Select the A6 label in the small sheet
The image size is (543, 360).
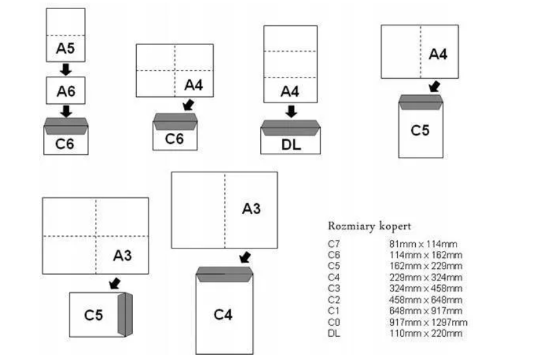(x=65, y=92)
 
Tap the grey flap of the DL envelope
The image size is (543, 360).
(x=291, y=125)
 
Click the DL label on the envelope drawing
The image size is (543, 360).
(x=291, y=145)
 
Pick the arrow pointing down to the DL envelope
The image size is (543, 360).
(x=291, y=111)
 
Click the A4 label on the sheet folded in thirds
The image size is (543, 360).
(x=290, y=92)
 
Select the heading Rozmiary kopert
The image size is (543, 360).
(x=369, y=226)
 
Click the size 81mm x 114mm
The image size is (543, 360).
(x=422, y=244)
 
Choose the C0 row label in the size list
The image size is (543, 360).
(x=334, y=322)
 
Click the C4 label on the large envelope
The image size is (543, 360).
(x=224, y=314)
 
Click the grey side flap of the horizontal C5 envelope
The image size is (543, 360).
(x=124, y=314)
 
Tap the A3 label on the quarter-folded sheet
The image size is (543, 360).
(x=123, y=255)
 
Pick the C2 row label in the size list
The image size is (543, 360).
(x=334, y=299)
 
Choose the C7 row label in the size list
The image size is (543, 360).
(x=334, y=244)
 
